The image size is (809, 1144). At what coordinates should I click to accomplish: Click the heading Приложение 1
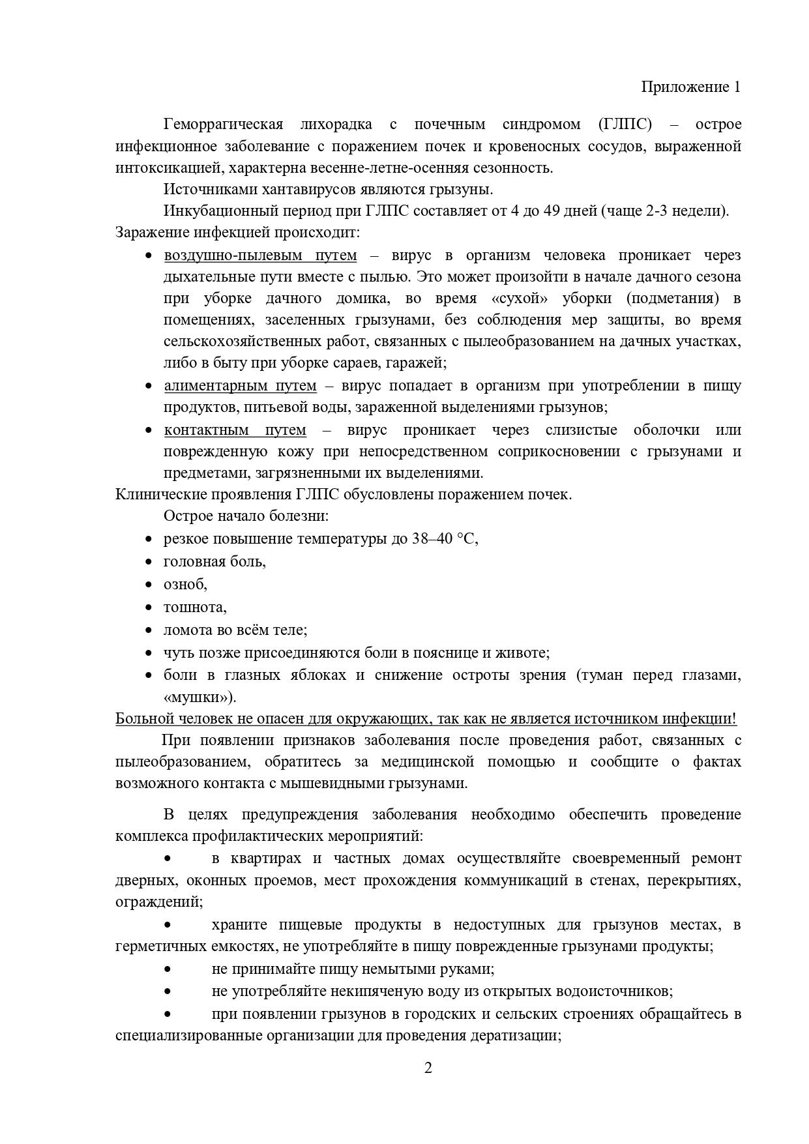690,87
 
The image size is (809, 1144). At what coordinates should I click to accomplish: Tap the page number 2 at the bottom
428,1068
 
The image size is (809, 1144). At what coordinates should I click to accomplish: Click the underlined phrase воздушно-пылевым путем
260,255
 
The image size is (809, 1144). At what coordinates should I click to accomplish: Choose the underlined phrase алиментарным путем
240,386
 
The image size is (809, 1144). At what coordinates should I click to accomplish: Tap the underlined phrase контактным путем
235,430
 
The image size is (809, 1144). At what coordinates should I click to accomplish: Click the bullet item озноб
185,584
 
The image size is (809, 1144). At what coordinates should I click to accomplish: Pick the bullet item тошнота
195,608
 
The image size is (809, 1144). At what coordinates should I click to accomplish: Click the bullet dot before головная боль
149,562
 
